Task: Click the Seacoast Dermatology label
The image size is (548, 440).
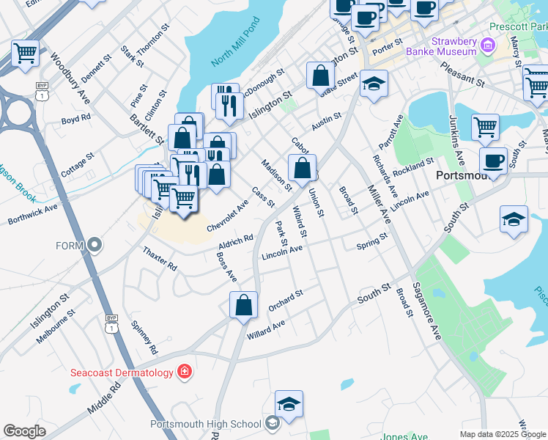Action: (122, 372)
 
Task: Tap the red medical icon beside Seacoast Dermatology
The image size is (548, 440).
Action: (184, 372)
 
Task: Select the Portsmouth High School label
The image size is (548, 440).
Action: (205, 424)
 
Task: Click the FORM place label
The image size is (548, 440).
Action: (71, 245)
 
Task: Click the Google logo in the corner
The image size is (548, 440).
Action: (24, 431)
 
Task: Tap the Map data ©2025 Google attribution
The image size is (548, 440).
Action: (503, 434)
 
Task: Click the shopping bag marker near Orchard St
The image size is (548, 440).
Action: (243, 305)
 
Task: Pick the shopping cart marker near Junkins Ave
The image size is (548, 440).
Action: (485, 128)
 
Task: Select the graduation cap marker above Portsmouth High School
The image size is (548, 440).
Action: (289, 404)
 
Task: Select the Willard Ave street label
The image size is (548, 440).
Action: (266, 328)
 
